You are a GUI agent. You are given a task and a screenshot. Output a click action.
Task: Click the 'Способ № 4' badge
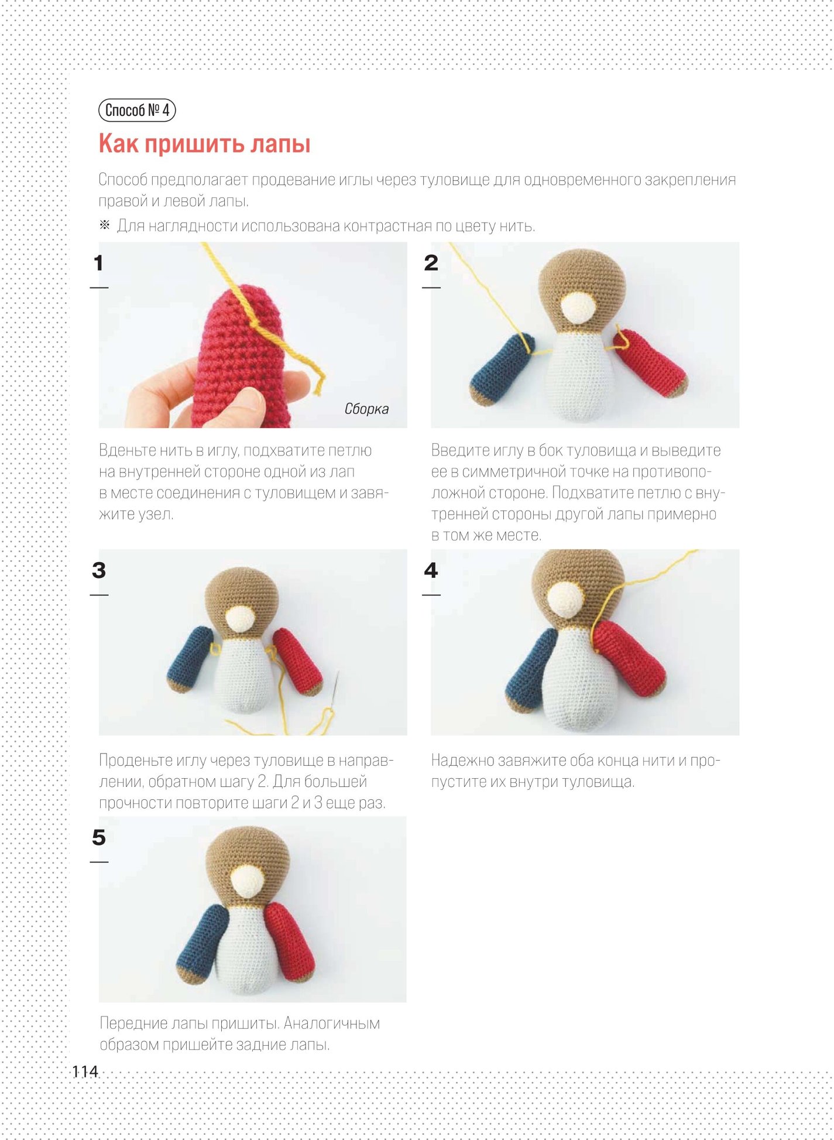137,110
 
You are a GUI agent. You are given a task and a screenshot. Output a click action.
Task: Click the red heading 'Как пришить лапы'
204,144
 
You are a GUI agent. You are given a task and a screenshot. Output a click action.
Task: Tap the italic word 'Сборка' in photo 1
366,409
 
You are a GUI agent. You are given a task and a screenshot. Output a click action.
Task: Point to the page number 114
85,1071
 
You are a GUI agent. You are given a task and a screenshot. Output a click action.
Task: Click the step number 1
98,263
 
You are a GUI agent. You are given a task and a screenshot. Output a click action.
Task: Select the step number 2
431,263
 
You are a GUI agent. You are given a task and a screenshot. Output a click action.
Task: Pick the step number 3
99,570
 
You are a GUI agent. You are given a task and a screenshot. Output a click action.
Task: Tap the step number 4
431,570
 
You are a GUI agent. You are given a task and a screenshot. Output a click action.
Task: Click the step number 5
99,837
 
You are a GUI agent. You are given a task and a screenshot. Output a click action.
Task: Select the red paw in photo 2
650,363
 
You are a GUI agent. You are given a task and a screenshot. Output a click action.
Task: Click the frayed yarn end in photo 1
320,384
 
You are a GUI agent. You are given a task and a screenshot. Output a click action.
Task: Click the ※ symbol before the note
104,225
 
